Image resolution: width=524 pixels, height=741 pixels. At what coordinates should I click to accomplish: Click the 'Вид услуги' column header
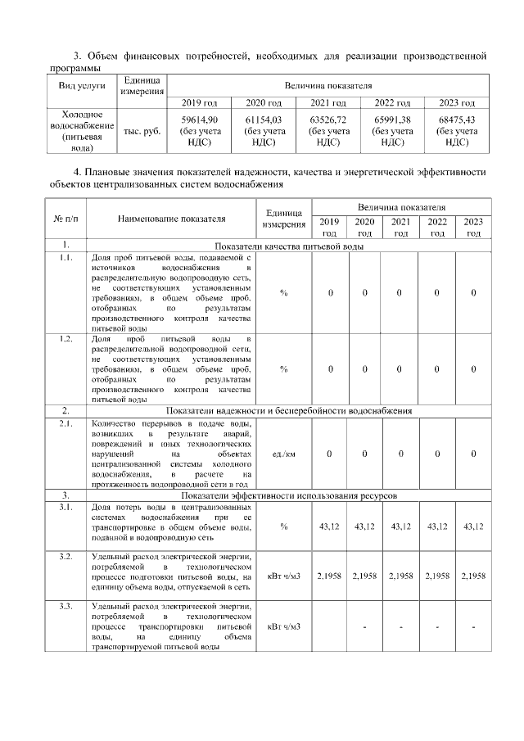(82, 86)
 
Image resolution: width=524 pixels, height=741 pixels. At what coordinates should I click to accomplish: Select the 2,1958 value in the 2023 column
(473, 576)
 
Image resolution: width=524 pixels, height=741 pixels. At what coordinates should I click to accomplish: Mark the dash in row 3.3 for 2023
(473, 627)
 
